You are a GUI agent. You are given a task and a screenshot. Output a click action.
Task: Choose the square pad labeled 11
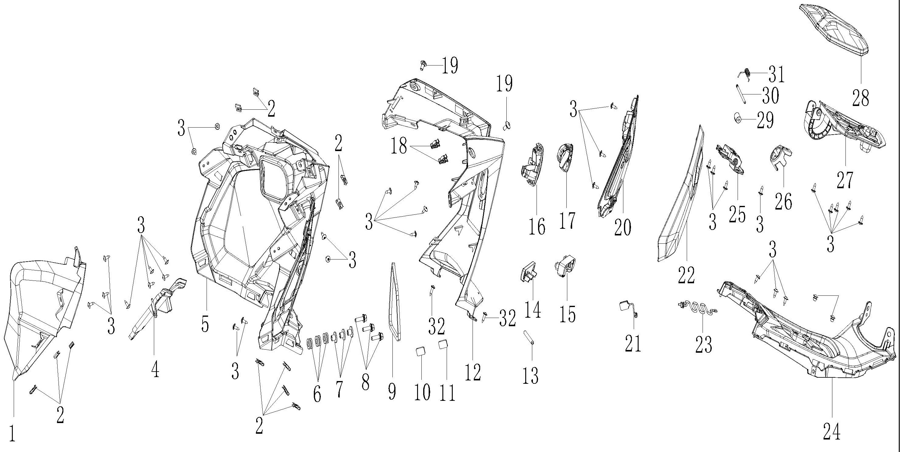coord(444,344)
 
